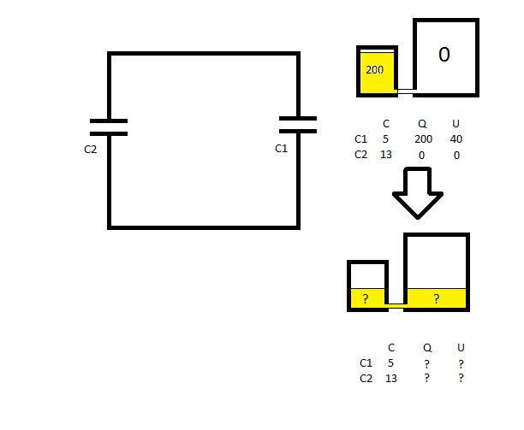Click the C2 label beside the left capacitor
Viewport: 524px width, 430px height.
click(92, 148)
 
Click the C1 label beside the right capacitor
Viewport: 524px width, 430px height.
click(281, 148)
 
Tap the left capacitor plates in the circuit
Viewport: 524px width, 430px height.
click(109, 127)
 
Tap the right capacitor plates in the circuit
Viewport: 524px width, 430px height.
click(298, 125)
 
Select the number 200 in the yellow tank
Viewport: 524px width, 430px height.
click(374, 70)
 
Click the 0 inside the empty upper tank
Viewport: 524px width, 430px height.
click(444, 55)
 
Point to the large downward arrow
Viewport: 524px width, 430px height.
click(417, 193)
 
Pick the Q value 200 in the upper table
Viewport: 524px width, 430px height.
click(423, 138)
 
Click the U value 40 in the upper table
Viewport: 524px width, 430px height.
click(456, 138)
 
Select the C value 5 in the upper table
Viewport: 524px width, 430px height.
click(385, 138)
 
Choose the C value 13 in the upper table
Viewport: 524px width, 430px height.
click(385, 155)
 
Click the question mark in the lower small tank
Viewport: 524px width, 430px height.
click(366, 299)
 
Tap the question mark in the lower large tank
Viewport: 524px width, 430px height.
click(436, 299)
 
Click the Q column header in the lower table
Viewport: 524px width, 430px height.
click(427, 347)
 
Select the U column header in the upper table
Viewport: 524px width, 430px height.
click(456, 123)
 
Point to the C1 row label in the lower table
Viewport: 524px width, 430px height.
click(366, 362)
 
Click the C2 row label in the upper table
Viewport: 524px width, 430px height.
click(360, 155)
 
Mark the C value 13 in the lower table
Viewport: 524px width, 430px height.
click(390, 378)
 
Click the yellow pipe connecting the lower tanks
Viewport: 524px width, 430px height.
click(396, 303)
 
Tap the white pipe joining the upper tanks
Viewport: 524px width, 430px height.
click(405, 87)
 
